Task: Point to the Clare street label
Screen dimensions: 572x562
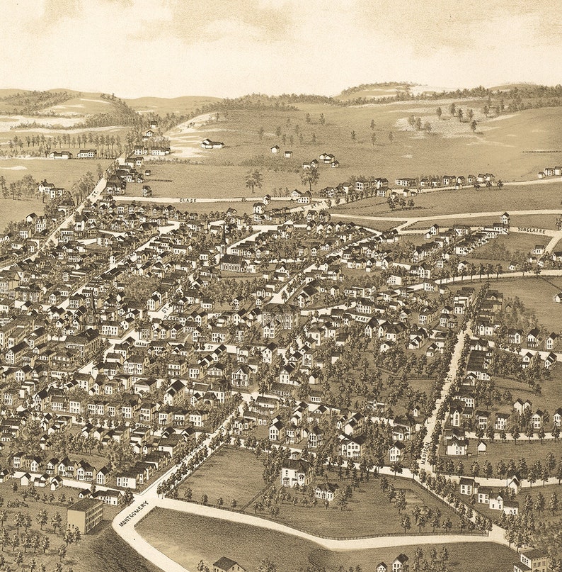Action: [188, 201]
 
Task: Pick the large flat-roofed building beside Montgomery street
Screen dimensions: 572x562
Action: [85, 515]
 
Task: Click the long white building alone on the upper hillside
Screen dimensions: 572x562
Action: [212, 143]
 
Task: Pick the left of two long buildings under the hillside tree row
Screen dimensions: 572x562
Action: [59, 155]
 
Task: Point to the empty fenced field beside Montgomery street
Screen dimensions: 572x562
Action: [219, 475]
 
